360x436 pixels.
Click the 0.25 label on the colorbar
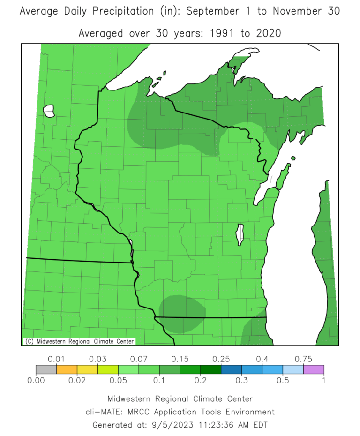tap(221, 359)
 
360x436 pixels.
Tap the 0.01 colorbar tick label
tap(57, 359)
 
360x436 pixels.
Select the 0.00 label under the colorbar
tap(36, 380)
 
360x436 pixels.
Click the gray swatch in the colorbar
tap(46, 369)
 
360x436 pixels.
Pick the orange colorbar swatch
tap(67, 369)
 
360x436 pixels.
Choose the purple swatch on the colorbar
tap(314, 369)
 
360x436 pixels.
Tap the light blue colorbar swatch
tap(293, 369)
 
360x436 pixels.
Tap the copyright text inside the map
tap(79, 341)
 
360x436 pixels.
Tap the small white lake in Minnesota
tap(49, 111)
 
